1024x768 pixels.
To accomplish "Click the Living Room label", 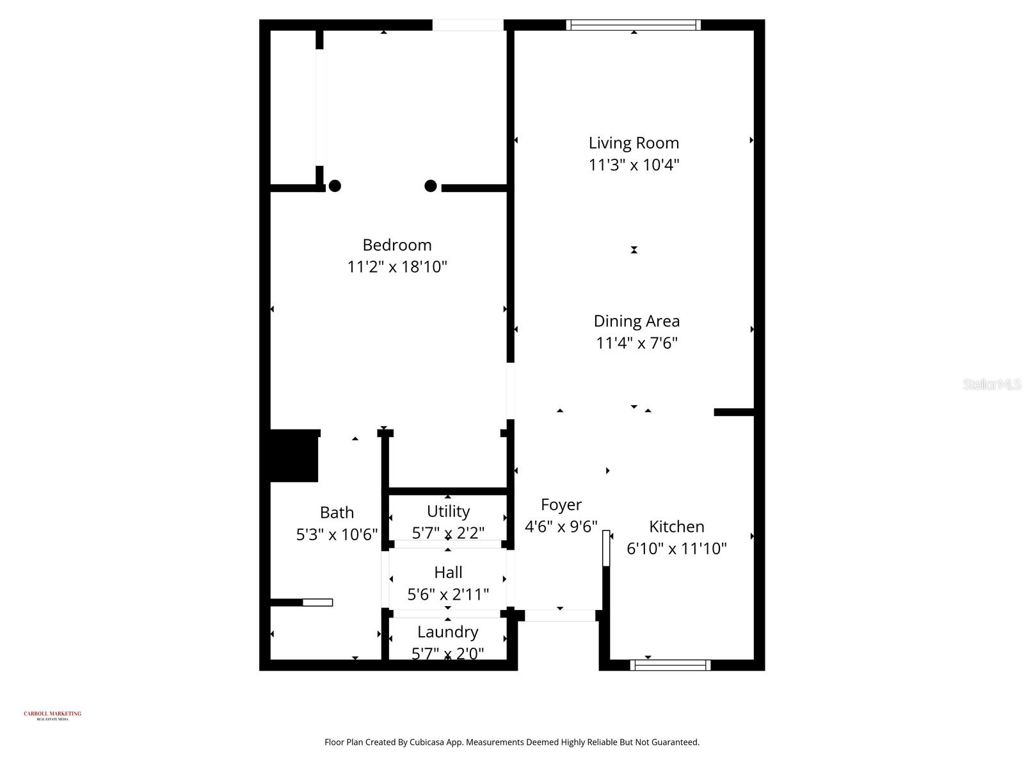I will (x=634, y=143).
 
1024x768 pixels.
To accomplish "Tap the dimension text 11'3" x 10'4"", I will (x=634, y=165).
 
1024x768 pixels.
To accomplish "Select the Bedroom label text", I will (x=397, y=245).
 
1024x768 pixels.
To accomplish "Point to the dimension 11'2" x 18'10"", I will (x=397, y=267).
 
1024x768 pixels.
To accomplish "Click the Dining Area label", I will (x=636, y=321).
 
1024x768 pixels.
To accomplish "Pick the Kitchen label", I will (x=676, y=527).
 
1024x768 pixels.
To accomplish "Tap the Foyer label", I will (x=561, y=505).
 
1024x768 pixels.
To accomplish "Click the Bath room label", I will (x=337, y=513).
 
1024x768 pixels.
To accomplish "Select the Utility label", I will (x=448, y=511).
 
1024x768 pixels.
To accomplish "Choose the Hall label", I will (x=448, y=572).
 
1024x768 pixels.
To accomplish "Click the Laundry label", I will (x=448, y=632).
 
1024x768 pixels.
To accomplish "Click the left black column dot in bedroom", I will (x=335, y=186).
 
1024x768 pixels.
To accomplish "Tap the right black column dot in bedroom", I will (x=431, y=186).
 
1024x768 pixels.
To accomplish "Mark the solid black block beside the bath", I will (x=294, y=456).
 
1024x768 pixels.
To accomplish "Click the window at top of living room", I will (x=634, y=25).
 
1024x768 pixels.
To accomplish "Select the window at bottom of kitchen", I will (x=670, y=666).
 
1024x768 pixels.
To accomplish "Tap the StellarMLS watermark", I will (x=991, y=385).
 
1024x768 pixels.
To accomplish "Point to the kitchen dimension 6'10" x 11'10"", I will (x=676, y=549).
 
